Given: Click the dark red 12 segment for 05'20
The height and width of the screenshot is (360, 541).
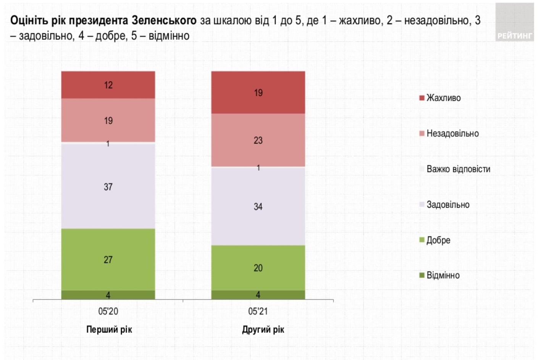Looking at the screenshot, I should tap(108, 85).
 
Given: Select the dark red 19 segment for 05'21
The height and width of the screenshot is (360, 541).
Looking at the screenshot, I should tap(258, 92).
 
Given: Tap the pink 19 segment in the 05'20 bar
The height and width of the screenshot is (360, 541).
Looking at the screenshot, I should tap(108, 121).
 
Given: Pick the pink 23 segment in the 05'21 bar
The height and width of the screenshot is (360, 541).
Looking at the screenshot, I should tap(258, 140).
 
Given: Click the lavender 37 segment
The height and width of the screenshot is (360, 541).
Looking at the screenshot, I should tap(108, 187).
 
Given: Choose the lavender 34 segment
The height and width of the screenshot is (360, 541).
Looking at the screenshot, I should tap(258, 207).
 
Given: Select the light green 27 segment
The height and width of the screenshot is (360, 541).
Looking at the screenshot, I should tap(108, 260).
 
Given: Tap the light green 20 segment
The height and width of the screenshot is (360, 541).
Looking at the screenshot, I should tap(258, 268).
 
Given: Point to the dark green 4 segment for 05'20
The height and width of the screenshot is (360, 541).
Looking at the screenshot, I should tap(108, 295).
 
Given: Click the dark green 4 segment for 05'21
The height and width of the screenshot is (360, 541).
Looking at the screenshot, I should tap(258, 295).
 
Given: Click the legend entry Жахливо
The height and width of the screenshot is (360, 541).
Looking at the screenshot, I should tap(443, 98).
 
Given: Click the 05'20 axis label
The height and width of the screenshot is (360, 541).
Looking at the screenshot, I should tap(108, 311).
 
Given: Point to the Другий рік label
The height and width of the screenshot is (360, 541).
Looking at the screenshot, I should tap(263, 329).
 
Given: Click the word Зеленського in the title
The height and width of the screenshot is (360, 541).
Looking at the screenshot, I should tap(164, 20).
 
